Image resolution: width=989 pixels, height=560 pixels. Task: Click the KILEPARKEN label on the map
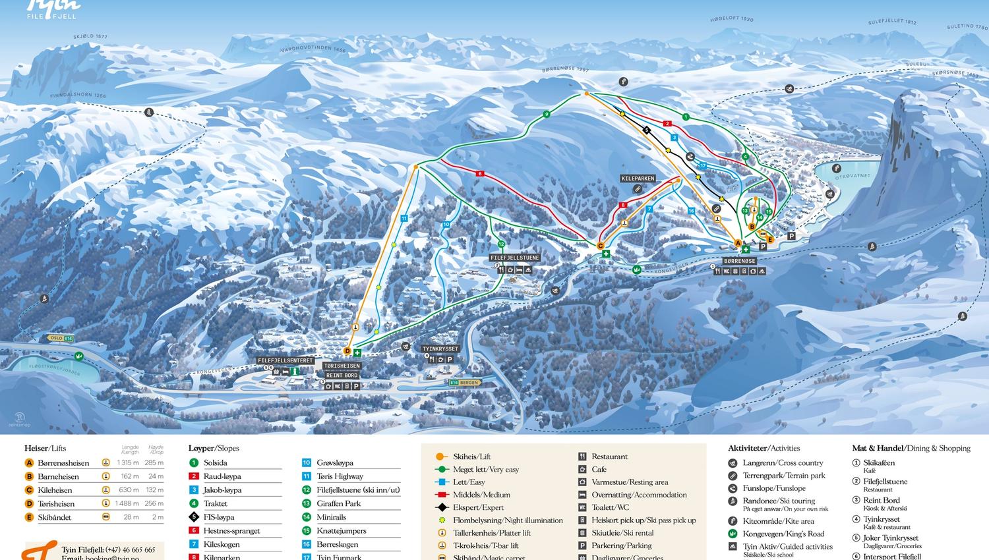coord(638,179)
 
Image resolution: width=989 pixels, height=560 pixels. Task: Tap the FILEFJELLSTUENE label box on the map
coord(514,258)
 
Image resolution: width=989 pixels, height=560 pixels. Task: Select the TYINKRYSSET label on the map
coord(440,349)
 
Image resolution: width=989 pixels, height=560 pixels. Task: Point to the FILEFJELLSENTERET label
coord(285,361)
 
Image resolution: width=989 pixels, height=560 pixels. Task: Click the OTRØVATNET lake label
coord(853,177)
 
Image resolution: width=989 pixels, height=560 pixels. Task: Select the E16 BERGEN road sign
coord(465,382)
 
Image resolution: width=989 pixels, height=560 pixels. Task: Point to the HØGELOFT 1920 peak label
coord(731,20)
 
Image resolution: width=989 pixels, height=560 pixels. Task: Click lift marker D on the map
coord(347,352)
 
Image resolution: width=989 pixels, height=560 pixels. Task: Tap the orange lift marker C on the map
coord(601,246)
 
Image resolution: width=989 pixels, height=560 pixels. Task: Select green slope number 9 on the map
coord(547,115)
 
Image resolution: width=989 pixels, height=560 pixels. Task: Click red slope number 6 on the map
coord(481,174)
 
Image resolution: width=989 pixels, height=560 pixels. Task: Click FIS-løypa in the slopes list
coord(219,517)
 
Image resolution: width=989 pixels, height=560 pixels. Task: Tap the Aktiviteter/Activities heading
coord(764,448)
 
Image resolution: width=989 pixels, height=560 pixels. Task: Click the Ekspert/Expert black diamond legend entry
coord(478,507)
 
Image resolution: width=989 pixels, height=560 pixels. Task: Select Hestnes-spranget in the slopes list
coord(231,531)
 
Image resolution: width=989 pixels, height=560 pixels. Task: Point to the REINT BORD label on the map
coord(342,376)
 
